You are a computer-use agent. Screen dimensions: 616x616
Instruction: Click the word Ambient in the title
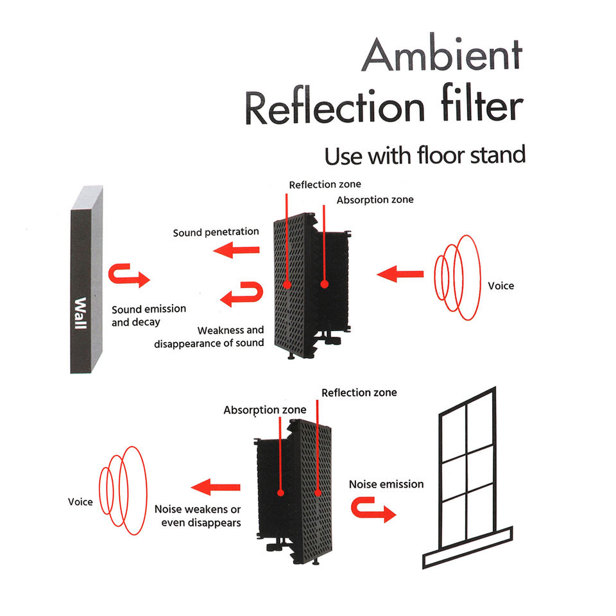[442, 56]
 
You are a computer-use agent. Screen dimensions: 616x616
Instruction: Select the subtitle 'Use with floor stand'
[424, 155]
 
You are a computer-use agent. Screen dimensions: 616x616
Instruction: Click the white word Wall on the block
[80, 312]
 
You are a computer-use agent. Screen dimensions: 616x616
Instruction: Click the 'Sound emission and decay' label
[148, 314]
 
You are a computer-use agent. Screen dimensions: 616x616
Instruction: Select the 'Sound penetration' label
[216, 232]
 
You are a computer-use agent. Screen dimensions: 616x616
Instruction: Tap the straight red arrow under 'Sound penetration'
[237, 251]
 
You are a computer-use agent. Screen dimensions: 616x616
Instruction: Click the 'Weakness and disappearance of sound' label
[209, 336]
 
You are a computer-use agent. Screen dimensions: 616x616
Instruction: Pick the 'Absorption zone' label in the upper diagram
[375, 200]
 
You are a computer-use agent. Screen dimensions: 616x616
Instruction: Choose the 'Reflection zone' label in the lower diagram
[359, 392]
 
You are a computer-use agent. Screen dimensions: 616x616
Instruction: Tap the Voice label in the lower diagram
[81, 501]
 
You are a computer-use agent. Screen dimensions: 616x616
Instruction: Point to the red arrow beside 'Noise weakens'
[216, 488]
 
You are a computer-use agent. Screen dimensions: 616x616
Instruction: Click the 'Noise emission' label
[386, 484]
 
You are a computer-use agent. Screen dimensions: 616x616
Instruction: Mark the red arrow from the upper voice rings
[400, 275]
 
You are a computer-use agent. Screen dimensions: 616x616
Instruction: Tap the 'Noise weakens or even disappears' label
[198, 516]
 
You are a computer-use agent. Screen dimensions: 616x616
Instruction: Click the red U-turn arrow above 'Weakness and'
[242, 294]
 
